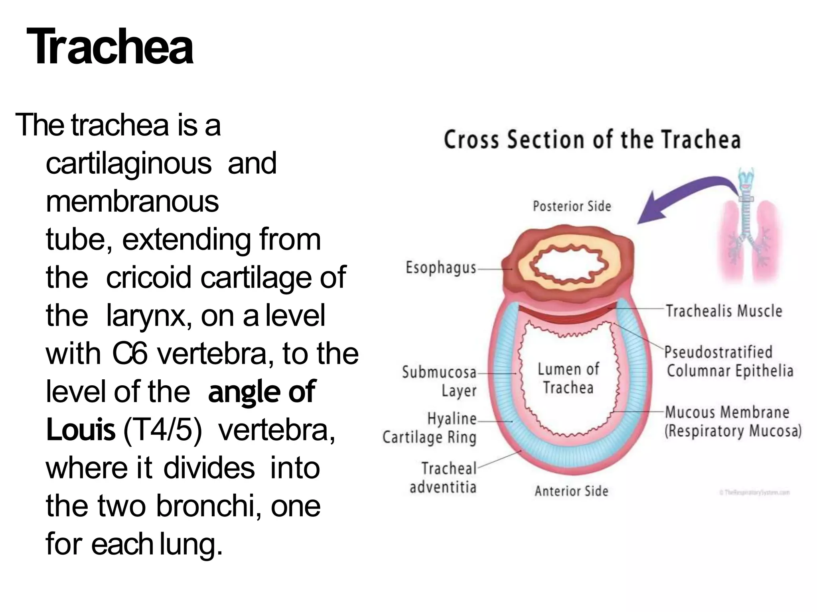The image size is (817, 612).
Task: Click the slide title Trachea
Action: (x=110, y=47)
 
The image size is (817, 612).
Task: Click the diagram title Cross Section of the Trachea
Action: (x=592, y=140)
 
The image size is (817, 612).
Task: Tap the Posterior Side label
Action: (x=572, y=206)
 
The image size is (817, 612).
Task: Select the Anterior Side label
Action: (x=571, y=491)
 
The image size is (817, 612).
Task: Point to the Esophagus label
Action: (x=440, y=268)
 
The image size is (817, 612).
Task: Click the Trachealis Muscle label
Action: (x=724, y=311)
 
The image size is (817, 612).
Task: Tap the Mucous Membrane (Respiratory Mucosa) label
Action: (x=732, y=421)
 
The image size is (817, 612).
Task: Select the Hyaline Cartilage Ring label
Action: (x=430, y=428)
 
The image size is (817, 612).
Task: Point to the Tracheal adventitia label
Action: (x=443, y=477)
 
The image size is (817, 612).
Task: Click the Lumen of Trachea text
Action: (x=568, y=378)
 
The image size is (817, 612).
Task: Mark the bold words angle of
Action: (x=262, y=392)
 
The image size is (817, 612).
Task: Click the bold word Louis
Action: (x=81, y=430)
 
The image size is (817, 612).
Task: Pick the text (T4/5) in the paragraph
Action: (x=163, y=430)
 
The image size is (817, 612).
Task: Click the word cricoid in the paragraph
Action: (x=148, y=277)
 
